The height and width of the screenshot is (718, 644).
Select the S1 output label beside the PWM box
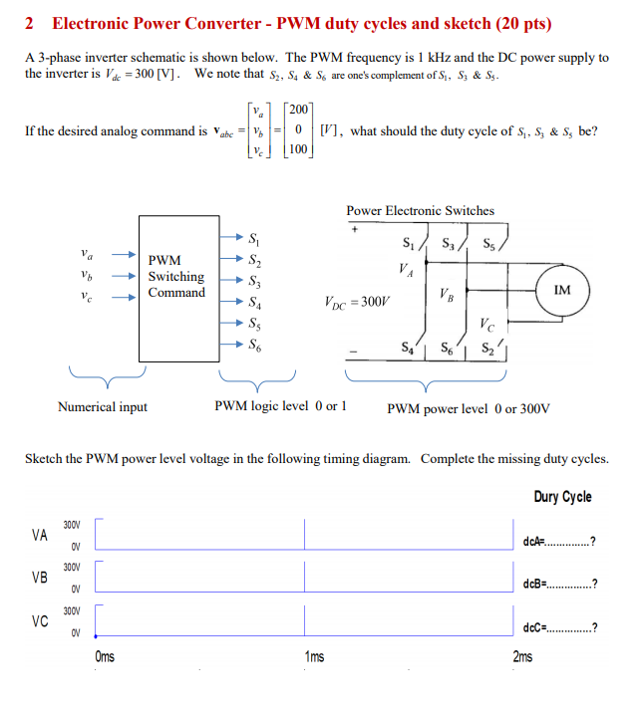256,239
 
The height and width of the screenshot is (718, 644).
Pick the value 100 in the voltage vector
299,149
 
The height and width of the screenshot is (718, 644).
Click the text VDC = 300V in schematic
359,300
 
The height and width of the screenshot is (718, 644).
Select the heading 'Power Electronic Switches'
420,210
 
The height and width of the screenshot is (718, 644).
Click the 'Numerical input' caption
103,406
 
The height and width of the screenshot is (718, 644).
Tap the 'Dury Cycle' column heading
562,496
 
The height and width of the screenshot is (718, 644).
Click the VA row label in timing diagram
40,535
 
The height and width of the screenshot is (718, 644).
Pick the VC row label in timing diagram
40,621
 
